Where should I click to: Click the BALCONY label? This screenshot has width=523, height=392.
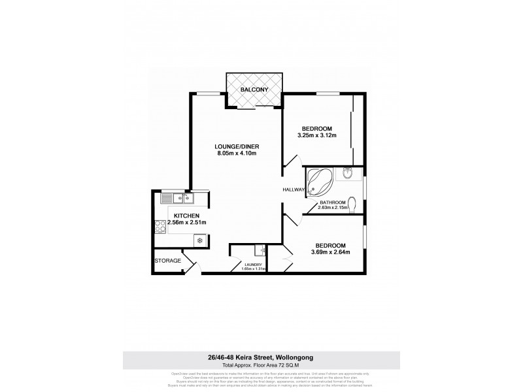tap(254, 89)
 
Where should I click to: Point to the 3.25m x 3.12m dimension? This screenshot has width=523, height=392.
tap(317, 135)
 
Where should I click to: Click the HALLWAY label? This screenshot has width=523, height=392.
tap(294, 189)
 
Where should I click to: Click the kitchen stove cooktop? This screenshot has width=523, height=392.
tap(160, 227)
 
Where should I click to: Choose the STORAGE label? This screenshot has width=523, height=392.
tap(167, 261)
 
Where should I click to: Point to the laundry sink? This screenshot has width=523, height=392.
tap(260, 249)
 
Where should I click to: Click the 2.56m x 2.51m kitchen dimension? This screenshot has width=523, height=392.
tap(187, 223)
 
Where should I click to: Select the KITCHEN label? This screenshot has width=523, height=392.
tap(187, 216)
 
